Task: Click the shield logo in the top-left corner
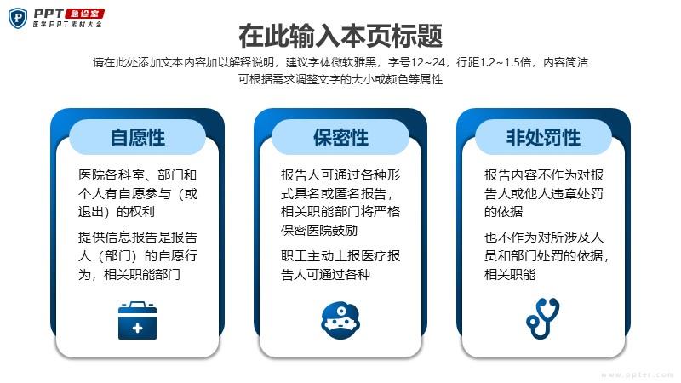(18, 18)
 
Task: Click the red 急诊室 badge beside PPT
(84, 14)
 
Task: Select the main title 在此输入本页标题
(340, 36)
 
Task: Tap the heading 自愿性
(138, 138)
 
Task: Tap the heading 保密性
(341, 138)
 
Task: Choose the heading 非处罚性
(543, 138)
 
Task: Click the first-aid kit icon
(137, 320)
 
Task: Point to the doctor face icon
(340, 321)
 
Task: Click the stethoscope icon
(543, 318)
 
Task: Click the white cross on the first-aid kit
(137, 328)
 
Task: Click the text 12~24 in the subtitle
(428, 62)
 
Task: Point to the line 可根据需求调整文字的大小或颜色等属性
(340, 79)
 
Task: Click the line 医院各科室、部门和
(138, 175)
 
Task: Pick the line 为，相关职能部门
(129, 274)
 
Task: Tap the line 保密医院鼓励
(319, 230)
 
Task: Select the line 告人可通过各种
(326, 274)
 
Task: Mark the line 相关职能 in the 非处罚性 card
(510, 274)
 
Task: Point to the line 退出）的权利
(117, 211)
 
